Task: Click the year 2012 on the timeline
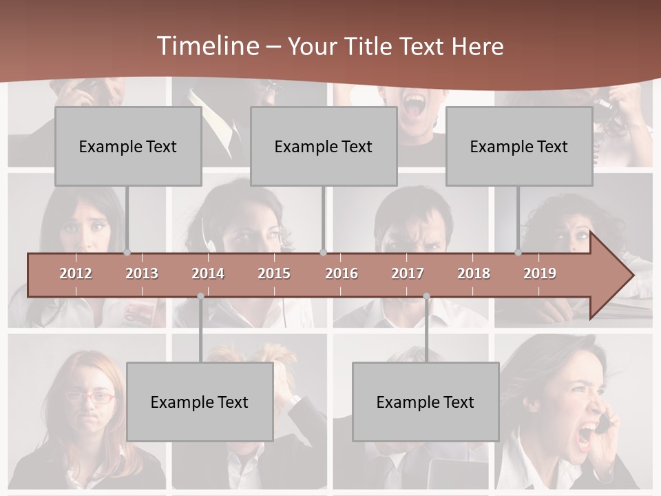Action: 76,273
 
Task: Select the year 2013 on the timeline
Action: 142,273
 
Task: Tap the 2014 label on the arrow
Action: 208,273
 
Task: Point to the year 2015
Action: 274,273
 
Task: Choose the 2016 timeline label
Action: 342,273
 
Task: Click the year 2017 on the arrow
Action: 408,273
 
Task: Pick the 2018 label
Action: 474,273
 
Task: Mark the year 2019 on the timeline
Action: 540,273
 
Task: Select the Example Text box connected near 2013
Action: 128,147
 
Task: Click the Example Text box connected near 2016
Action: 324,147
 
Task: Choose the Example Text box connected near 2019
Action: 519,147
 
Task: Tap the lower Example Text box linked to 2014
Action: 200,402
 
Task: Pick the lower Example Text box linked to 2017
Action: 426,402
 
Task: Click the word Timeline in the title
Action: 207,46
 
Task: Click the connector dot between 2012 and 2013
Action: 127,252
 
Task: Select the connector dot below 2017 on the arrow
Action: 426,296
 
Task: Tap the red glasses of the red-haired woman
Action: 90,397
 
